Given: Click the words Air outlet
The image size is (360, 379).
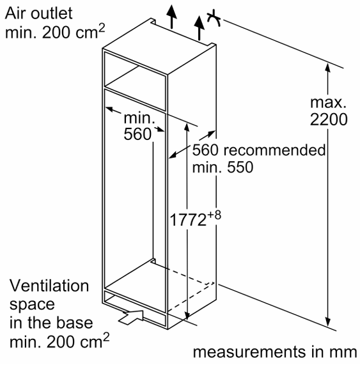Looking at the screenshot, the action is (38, 13).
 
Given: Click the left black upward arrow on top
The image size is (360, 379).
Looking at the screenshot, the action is (171, 17).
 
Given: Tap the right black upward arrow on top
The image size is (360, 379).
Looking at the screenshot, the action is (200, 27).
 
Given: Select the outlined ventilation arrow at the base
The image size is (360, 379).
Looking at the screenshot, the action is (131, 317).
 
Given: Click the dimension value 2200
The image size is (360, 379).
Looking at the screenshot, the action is (329, 119).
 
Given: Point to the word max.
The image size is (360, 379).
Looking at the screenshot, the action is (328, 102).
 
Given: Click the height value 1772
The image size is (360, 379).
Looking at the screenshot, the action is (188, 220).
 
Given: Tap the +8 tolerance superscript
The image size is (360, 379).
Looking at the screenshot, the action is (214, 214).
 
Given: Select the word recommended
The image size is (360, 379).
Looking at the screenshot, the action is (274, 150).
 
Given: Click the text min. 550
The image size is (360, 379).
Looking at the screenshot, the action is (223, 167).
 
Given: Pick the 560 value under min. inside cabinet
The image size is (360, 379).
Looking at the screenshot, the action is (137, 134).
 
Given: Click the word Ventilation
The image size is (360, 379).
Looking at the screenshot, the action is (49, 286).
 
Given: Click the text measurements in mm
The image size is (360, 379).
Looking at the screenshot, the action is (275, 352).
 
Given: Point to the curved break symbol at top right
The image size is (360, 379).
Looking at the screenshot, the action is (214, 18).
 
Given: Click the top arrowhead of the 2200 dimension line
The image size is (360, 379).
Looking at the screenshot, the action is (327, 67).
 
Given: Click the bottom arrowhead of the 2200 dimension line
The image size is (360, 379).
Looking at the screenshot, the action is (327, 321).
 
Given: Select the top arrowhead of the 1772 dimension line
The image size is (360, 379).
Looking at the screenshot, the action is (187, 127).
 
